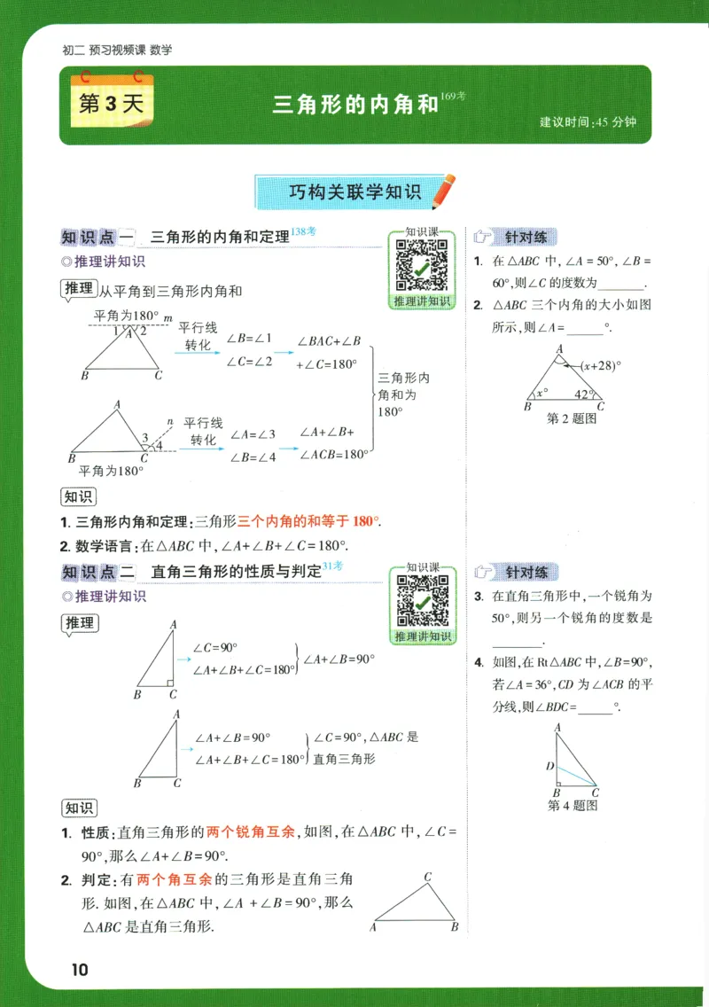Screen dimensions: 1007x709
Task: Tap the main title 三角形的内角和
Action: [355, 105]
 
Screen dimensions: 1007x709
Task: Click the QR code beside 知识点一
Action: [421, 265]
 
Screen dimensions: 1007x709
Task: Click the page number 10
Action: [79, 969]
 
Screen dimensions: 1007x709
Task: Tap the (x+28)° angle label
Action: [601, 365]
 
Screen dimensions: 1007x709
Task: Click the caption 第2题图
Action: [572, 419]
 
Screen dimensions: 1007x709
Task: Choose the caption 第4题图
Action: [573, 806]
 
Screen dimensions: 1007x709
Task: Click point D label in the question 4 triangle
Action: [549, 766]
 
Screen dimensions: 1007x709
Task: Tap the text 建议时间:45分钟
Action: [588, 122]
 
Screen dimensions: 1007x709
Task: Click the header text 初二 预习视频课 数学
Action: [118, 51]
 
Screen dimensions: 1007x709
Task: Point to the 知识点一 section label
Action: [97, 237]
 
